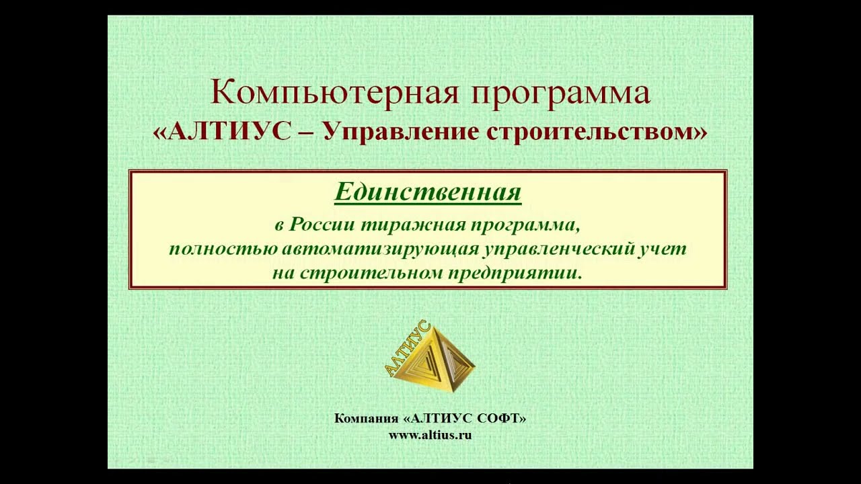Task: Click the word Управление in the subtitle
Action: [x=398, y=133]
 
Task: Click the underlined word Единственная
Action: [x=428, y=192]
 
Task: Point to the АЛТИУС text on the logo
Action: [x=407, y=348]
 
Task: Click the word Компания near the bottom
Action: [x=366, y=418]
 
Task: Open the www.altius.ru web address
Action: [x=430, y=435]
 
